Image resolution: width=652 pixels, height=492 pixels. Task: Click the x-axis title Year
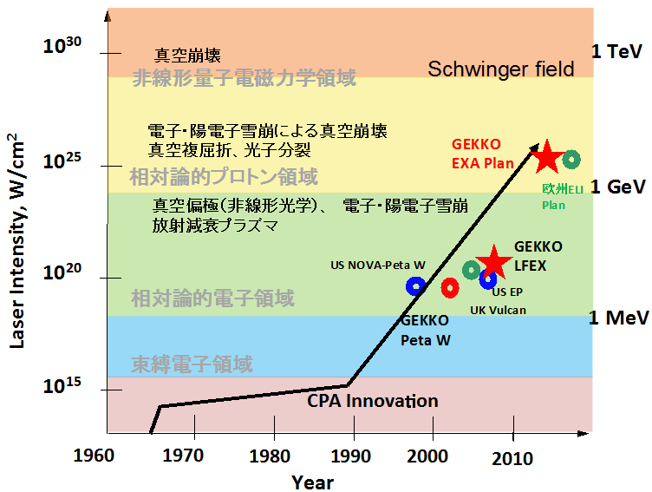coord(313,482)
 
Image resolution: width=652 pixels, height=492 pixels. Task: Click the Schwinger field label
coord(501,69)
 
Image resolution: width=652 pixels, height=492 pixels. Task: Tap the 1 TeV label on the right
coord(616,52)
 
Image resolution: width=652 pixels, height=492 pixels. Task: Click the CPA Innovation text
coord(373,401)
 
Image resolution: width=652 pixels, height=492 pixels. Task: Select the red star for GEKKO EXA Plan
coord(547,157)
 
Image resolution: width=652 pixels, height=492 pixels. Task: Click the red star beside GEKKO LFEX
coord(494,261)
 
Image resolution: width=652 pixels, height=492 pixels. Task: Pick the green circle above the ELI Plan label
coord(571,160)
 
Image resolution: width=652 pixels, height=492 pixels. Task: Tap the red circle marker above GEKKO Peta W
coord(449,287)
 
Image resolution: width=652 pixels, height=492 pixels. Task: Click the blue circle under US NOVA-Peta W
coord(415,286)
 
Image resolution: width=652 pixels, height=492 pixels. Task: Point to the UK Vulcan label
coord(498,310)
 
